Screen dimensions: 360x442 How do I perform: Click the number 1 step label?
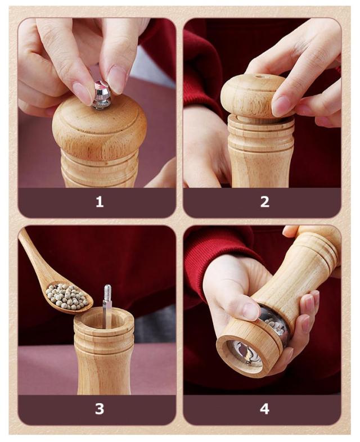tap(100, 202)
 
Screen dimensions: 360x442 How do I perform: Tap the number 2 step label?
tap(265, 202)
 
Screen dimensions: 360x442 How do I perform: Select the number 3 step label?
tap(100, 409)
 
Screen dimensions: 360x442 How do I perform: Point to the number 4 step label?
tap(265, 409)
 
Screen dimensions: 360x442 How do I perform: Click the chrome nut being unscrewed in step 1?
tap(101, 95)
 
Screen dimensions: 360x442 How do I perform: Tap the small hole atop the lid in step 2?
tap(259, 76)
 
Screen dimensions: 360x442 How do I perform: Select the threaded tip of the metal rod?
tap(107, 292)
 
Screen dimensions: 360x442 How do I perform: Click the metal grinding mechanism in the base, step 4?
tap(245, 353)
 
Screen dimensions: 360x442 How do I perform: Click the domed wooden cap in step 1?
tap(100, 128)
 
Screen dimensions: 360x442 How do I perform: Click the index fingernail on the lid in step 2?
tap(280, 106)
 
